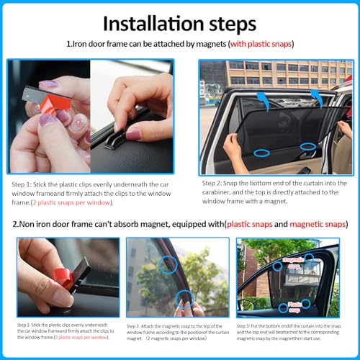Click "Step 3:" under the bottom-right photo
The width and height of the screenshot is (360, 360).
(248, 326)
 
